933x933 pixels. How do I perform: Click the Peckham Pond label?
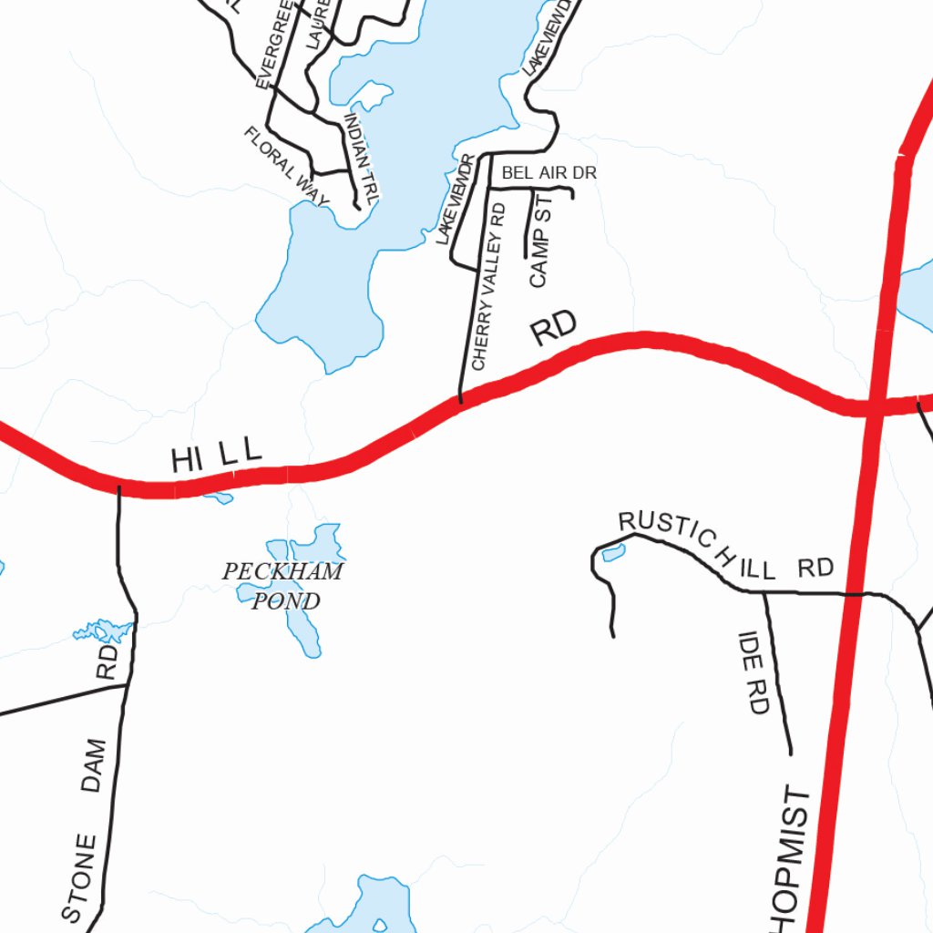[283, 586]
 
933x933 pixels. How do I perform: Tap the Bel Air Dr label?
[549, 172]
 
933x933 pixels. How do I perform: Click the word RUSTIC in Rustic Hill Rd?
[665, 531]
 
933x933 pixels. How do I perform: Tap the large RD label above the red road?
[554, 329]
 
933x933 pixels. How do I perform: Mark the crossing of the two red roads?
[873, 407]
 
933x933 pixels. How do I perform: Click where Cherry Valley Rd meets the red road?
[460, 401]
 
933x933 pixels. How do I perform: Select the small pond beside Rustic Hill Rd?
[613, 552]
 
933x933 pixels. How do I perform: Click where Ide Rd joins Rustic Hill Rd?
[764, 592]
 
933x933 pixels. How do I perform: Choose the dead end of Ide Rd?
[790, 754]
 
